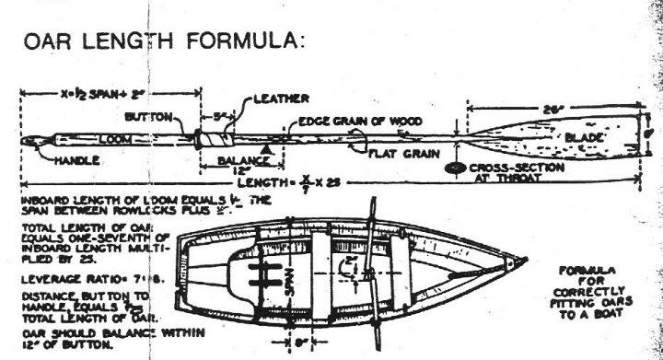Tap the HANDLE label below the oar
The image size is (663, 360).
(x=73, y=159)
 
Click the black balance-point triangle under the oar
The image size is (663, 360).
(x=267, y=147)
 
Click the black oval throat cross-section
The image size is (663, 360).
(x=453, y=168)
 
